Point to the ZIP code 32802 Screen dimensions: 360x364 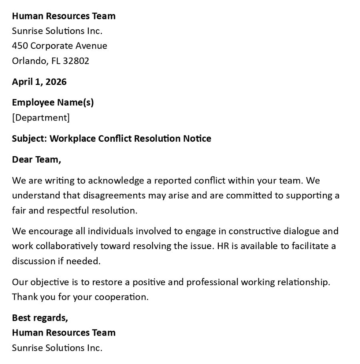pos(76,61)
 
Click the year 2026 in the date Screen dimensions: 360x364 pos(56,82)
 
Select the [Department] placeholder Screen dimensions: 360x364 pos(41,117)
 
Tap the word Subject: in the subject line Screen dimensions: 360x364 pos(30,139)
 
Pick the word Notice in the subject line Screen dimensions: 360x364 pos(197,139)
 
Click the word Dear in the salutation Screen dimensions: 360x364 pos(22,159)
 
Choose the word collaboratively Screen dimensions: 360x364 pos(62,246)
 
